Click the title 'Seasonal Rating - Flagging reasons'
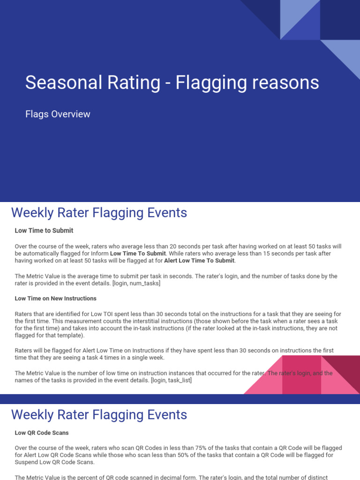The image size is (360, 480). [172, 83]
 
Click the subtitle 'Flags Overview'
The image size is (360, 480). [58, 114]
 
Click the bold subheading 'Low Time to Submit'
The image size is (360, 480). [44, 231]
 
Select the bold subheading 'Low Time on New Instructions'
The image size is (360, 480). [56, 298]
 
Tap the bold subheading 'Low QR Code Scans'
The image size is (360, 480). [42, 433]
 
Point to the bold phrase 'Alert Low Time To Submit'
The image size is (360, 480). [199, 261]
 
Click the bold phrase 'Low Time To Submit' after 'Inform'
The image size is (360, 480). [138, 254]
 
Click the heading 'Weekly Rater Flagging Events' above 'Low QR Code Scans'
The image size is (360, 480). [99, 415]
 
